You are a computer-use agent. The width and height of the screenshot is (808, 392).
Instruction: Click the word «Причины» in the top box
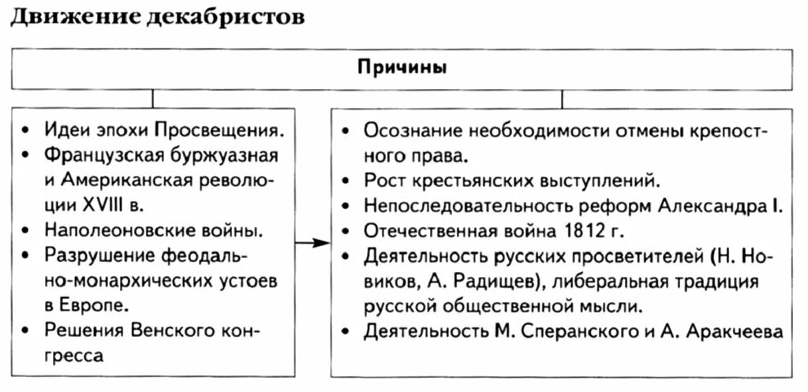(402, 68)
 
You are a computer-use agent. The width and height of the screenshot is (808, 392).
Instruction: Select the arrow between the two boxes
(316, 242)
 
